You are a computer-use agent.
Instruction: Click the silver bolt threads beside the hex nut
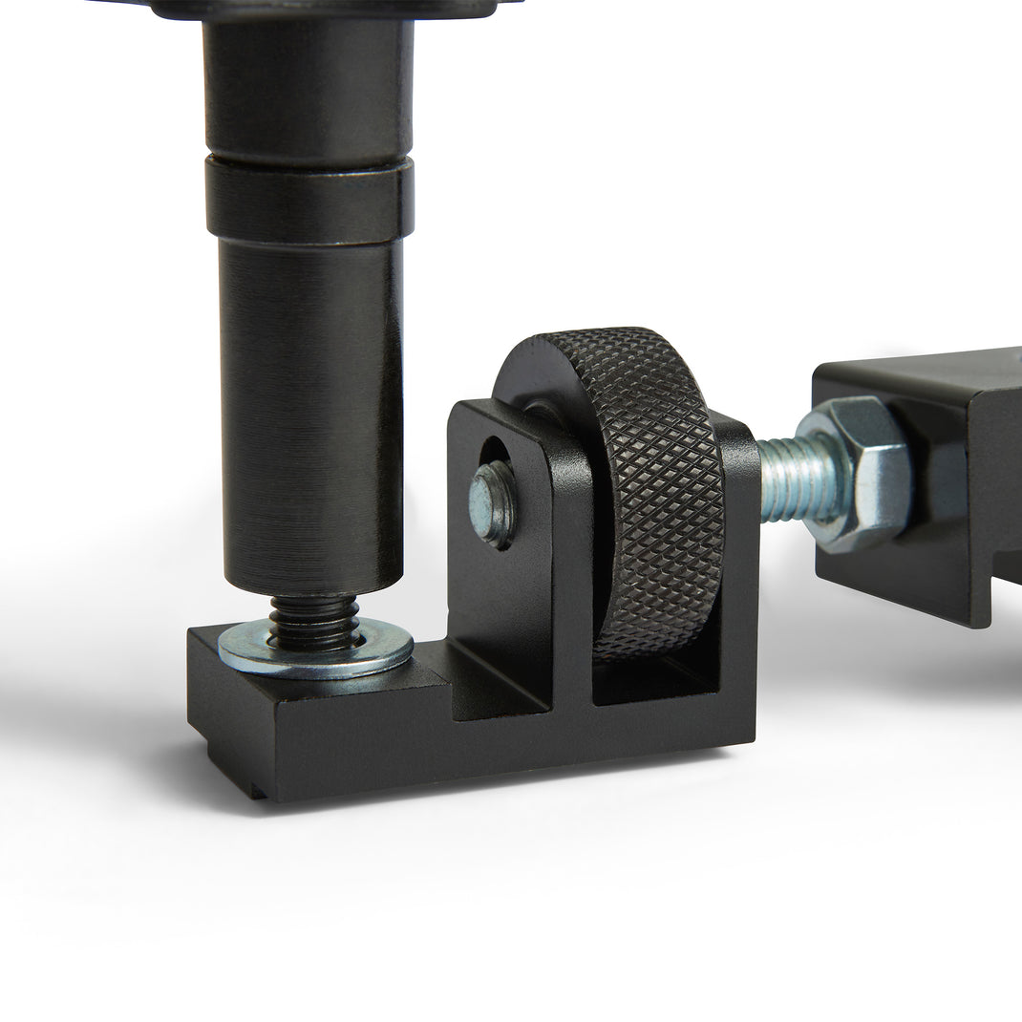[x=788, y=478]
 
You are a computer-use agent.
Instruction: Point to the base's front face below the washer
[x=315, y=735]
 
